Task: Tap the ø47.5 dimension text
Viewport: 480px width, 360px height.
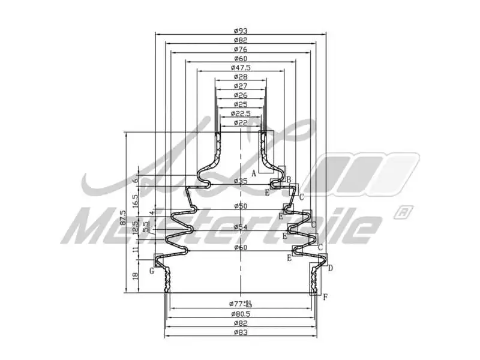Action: point(240,68)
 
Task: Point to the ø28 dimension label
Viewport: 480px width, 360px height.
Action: point(240,77)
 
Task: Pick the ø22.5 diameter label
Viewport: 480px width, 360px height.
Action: point(240,113)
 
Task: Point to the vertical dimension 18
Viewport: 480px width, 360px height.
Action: point(135,275)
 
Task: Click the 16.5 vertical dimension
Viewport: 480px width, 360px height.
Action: point(135,200)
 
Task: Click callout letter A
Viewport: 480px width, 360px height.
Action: point(254,173)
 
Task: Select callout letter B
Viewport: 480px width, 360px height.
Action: point(289,180)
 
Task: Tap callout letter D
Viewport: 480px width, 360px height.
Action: point(330,268)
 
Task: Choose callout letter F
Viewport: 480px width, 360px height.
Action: point(325,297)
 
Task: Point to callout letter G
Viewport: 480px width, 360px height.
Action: point(152,271)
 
